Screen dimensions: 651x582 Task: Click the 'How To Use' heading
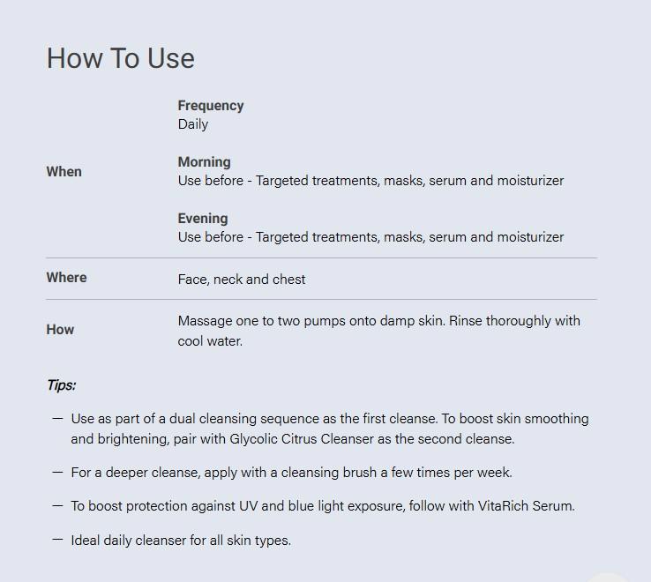pyautogui.click(x=120, y=58)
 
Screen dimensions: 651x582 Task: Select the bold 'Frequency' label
pyautogui.click(x=211, y=106)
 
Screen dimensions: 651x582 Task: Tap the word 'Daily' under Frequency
pyautogui.click(x=193, y=124)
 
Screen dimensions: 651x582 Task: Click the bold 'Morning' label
pyautogui.click(x=205, y=162)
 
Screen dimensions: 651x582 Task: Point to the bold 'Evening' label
pyautogui.click(x=203, y=219)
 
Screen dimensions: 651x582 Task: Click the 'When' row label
pyautogui.click(x=64, y=171)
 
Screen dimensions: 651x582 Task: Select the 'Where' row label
pyautogui.click(x=66, y=277)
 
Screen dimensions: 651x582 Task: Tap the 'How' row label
pyautogui.click(x=60, y=330)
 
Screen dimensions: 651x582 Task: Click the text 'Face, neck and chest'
pyautogui.click(x=242, y=280)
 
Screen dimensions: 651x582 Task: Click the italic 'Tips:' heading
pyautogui.click(x=62, y=385)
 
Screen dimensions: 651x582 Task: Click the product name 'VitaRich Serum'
pyautogui.click(x=526, y=506)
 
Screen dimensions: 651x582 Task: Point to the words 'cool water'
pyautogui.click(x=210, y=341)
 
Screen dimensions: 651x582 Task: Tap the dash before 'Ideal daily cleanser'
pyautogui.click(x=57, y=540)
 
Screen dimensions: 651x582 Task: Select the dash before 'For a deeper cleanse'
pyautogui.click(x=57, y=472)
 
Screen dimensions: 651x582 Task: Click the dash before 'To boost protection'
pyautogui.click(x=57, y=505)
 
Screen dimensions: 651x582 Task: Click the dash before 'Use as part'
pyautogui.click(x=57, y=419)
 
